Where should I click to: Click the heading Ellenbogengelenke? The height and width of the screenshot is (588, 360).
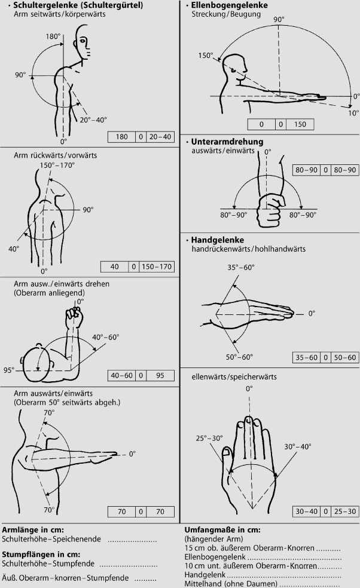[x=230, y=5]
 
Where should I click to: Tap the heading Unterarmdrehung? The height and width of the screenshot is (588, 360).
[x=227, y=142]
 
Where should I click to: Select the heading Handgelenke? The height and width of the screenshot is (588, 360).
[x=217, y=240]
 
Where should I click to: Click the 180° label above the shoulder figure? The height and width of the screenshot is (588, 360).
[x=53, y=36]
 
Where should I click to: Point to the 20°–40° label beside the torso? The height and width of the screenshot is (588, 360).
[x=93, y=120]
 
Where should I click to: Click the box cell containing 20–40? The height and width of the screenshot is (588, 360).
[x=160, y=137]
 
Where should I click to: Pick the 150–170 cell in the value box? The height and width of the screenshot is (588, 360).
[x=156, y=267]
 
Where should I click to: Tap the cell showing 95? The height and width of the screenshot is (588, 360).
[x=160, y=375]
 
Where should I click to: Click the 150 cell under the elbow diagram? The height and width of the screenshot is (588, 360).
[x=300, y=124]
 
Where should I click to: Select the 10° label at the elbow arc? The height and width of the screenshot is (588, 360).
[x=353, y=113]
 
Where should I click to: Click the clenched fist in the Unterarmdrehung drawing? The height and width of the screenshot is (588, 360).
[x=269, y=209]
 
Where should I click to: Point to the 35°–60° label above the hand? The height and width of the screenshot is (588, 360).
[x=240, y=267]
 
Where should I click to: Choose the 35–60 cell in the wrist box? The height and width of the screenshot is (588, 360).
[x=306, y=357]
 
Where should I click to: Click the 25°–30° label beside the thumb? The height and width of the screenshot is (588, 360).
[x=209, y=439]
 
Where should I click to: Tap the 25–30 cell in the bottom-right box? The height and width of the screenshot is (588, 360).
[x=345, y=511]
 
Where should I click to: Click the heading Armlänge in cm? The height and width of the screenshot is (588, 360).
[x=33, y=530]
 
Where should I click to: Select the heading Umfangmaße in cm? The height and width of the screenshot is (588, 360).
[x=222, y=530]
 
